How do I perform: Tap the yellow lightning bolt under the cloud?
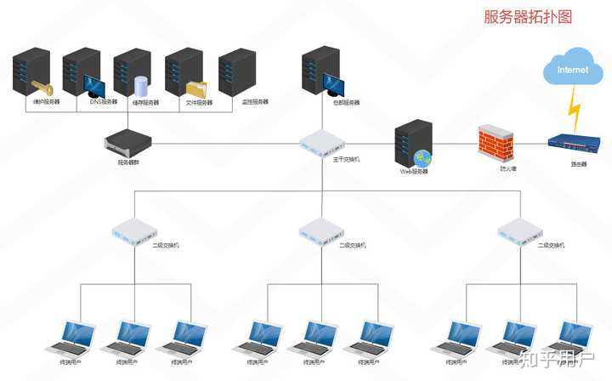pos(575,106)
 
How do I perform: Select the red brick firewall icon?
pos(496,143)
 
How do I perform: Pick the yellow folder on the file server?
pos(196,88)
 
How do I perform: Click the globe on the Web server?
pos(422,157)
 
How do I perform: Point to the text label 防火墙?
pos(508,168)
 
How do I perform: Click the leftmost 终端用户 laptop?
pos(71,338)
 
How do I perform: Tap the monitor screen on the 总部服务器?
pos(333,86)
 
